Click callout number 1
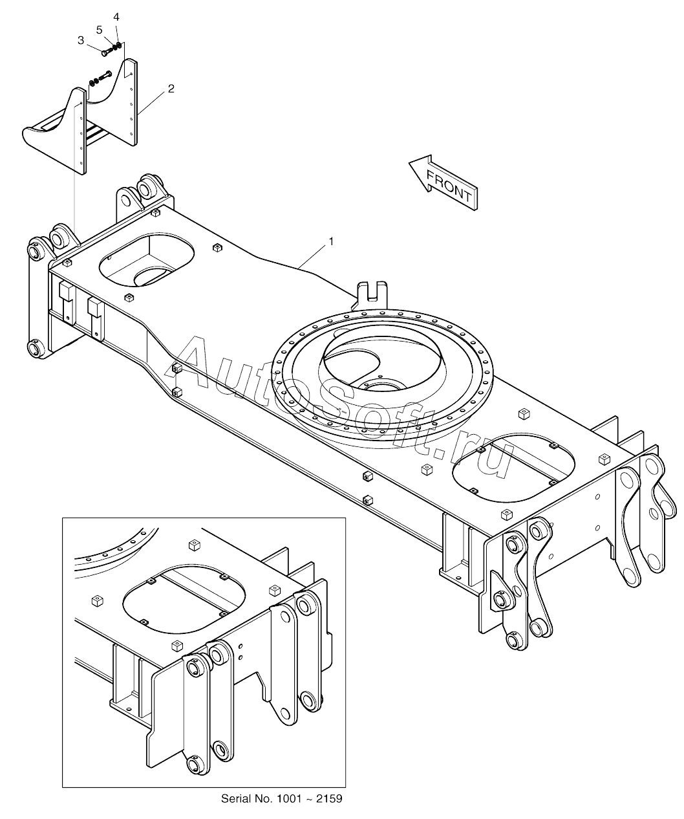pos(331,241)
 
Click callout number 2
pos(171,89)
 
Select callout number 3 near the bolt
pos(81,40)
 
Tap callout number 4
pos(116,16)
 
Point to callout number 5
pos(100,29)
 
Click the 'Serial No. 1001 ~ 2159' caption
pos(281,799)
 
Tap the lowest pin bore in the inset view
pos(194,765)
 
